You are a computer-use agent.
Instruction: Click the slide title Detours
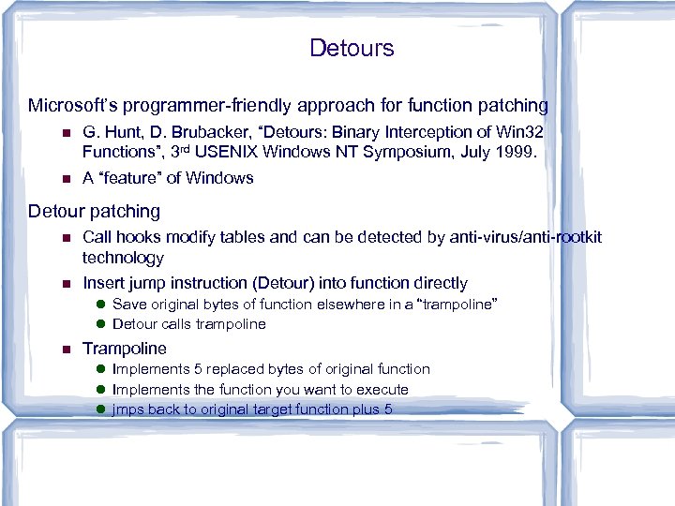point(352,48)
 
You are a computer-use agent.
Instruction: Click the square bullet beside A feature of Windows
point(64,179)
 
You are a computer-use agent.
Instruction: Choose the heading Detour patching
point(94,211)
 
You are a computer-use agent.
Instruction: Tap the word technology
point(123,258)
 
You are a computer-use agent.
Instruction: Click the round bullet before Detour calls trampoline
point(100,324)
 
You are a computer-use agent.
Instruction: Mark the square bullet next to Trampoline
point(64,350)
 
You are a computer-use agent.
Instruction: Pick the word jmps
point(128,409)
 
